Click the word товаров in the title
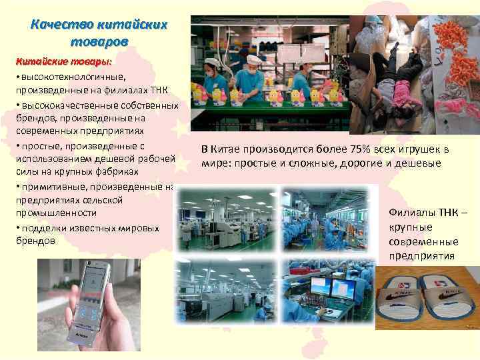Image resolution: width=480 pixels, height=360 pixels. (98, 41)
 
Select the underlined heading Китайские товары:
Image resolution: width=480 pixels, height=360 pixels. (59, 62)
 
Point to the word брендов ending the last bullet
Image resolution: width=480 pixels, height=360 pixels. (35, 241)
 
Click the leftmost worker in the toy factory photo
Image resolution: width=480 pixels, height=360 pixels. (215, 83)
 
